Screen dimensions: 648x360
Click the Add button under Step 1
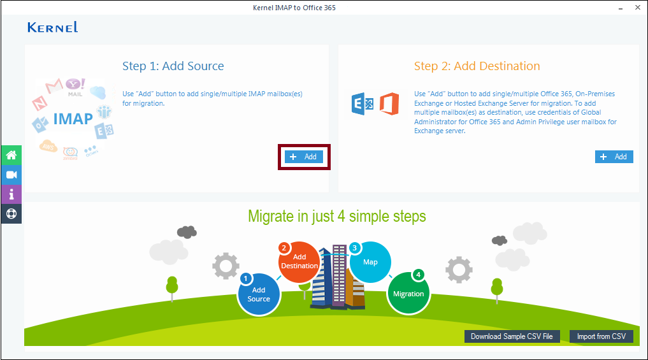[x=304, y=157]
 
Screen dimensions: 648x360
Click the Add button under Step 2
[x=614, y=157]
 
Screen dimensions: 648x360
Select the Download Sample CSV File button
[x=512, y=336]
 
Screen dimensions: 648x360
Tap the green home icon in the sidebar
[x=11, y=155]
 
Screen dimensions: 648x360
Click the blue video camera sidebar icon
[x=11, y=175]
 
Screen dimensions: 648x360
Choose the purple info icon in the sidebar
[x=11, y=194]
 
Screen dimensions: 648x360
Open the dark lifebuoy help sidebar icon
[x=11, y=213]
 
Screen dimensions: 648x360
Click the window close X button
[x=638, y=8]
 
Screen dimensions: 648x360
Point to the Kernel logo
[x=52, y=27]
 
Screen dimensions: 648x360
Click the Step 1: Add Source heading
[x=173, y=66]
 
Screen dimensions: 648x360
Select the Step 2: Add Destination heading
[x=477, y=66]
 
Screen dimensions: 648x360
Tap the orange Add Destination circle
[x=299, y=262]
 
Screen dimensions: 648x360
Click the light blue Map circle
[x=370, y=262]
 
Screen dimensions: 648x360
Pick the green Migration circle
[x=408, y=294]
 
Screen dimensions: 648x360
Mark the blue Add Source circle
[x=259, y=294]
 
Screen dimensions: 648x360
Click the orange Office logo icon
[x=389, y=104]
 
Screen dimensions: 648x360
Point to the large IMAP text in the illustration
[x=73, y=119]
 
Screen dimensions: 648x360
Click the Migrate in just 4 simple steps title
[x=337, y=216]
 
